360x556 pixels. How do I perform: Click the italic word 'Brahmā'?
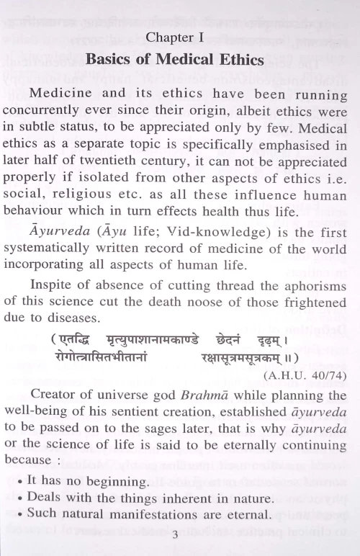(222, 395)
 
